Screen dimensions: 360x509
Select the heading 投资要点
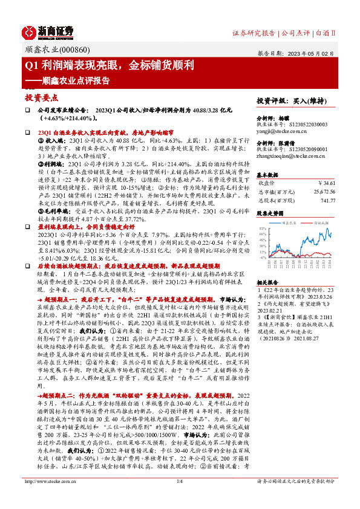tap(42, 97)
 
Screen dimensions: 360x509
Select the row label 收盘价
tap(266, 182)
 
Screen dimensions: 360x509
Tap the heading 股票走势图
tap(270, 213)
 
